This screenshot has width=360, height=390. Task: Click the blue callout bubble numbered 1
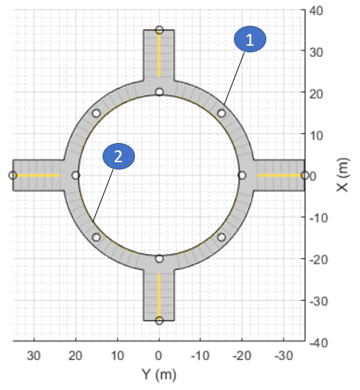[250, 39]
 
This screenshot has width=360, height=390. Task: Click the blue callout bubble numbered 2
[119, 156]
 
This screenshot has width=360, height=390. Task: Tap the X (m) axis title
[343, 175]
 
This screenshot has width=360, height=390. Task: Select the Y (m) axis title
[159, 374]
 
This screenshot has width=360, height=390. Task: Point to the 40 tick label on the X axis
[316, 11]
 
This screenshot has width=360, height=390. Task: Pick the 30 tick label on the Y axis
[34, 355]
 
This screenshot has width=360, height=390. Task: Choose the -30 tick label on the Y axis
[284, 355]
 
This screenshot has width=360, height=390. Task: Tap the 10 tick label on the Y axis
[117, 355]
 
